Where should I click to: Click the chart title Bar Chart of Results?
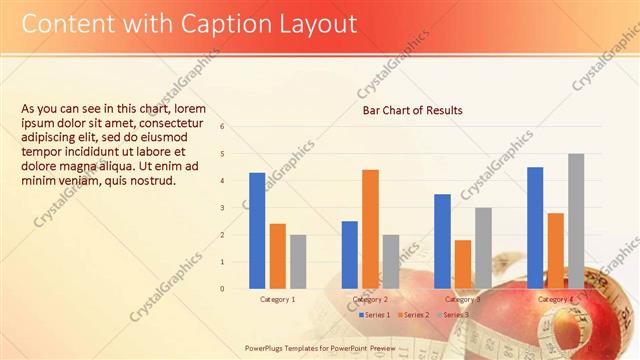pyautogui.click(x=412, y=110)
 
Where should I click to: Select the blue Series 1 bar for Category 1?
pyautogui.click(x=257, y=230)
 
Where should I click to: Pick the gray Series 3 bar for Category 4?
pyautogui.click(x=576, y=221)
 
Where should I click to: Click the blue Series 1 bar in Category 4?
pyautogui.click(x=535, y=227)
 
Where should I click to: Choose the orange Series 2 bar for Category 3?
pyautogui.click(x=463, y=264)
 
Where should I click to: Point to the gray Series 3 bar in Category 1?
pyautogui.click(x=298, y=261)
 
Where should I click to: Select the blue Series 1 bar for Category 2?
pyautogui.click(x=349, y=254)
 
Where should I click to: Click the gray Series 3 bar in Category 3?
pyautogui.click(x=483, y=248)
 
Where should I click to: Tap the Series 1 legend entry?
pyautogui.click(x=374, y=315)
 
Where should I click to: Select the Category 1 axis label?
pyautogui.click(x=278, y=299)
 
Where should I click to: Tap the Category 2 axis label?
pyautogui.click(x=370, y=299)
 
